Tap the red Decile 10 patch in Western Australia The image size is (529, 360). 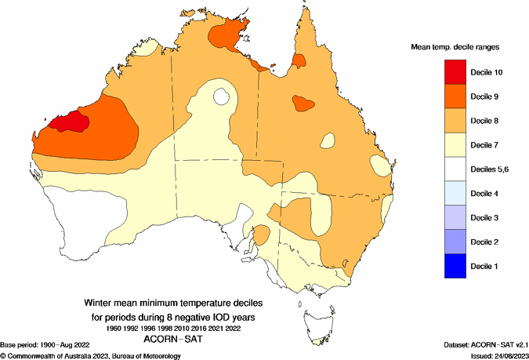[x=68, y=122]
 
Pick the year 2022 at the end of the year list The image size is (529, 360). [x=236, y=327]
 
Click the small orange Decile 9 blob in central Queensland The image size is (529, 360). [x=302, y=102]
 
